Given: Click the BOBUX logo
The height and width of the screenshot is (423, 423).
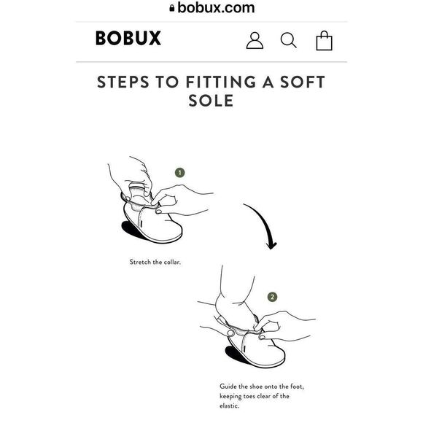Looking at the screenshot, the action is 128,38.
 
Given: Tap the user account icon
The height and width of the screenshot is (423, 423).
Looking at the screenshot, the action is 255,40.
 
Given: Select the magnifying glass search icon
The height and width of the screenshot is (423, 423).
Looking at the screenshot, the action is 288,40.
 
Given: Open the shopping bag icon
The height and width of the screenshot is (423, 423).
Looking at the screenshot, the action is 324,40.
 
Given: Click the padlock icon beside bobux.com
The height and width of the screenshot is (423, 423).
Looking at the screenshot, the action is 172,8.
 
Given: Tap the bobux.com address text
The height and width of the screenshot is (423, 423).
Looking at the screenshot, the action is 216,7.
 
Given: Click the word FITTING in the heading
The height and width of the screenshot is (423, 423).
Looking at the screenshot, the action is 221,82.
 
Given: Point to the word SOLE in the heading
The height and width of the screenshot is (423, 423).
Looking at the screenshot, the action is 211,101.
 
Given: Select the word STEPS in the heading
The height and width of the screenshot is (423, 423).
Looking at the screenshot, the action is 123,82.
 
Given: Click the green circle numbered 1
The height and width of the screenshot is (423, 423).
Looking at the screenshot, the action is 180,173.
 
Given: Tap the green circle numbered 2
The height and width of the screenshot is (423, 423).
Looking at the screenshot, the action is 272,297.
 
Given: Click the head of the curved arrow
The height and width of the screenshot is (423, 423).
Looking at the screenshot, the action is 271,245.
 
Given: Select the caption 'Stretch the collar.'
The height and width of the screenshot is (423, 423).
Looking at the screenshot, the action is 155,262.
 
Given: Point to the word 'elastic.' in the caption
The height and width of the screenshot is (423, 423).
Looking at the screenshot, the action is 229,405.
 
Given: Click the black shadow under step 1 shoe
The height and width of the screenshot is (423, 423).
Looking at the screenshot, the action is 132,230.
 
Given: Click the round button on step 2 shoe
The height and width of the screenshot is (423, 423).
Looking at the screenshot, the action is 230,333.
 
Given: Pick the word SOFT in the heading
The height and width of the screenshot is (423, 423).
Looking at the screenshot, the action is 303,82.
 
